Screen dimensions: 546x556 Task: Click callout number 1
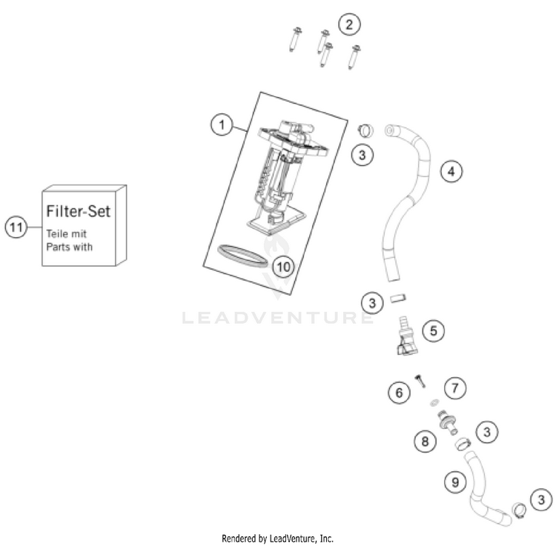(x=220, y=125)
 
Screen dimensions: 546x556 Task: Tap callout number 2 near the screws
(x=349, y=24)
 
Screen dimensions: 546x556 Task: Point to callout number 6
(x=399, y=393)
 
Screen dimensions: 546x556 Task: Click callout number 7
(x=454, y=387)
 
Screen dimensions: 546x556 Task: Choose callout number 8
(x=425, y=442)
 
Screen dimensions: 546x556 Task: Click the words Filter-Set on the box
(x=79, y=211)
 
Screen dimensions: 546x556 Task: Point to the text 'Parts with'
(x=70, y=247)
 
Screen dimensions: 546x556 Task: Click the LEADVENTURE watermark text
(x=278, y=319)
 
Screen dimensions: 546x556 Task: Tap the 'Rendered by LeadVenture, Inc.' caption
(x=278, y=538)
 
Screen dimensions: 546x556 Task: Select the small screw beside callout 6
(x=420, y=380)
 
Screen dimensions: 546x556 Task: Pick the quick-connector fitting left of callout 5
(x=405, y=333)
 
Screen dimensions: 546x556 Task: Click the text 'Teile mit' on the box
(x=67, y=233)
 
